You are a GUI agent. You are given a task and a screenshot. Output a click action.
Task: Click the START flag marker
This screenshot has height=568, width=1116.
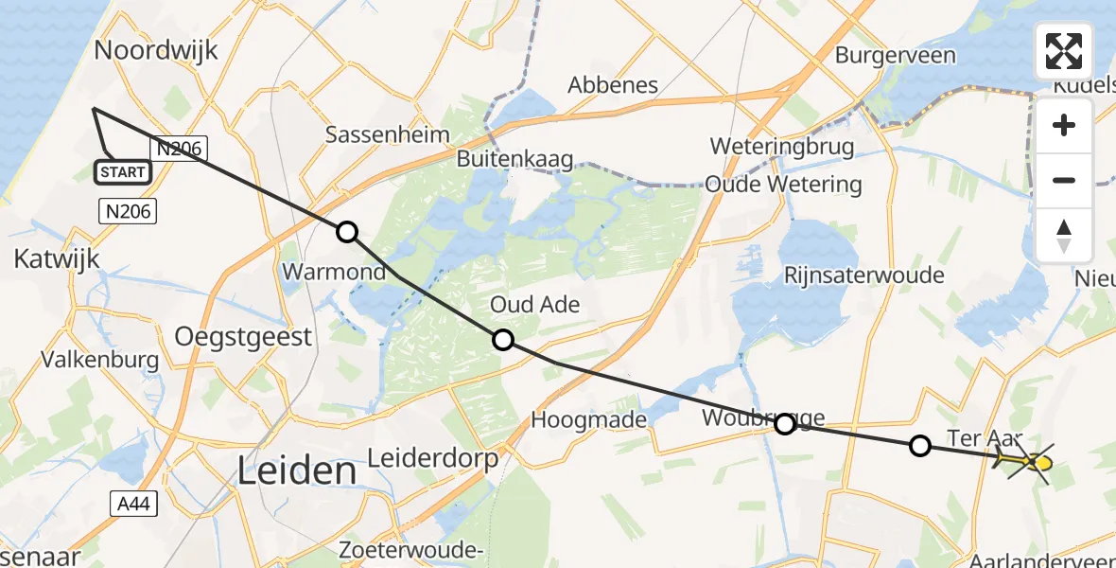[x=122, y=171]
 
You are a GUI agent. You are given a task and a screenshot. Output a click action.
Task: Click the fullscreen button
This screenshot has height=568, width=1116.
[x=1064, y=51]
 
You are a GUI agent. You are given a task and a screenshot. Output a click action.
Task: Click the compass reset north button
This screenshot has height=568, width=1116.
[x=1064, y=236]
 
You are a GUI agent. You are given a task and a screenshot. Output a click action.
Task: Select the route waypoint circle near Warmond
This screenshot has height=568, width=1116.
[x=347, y=232]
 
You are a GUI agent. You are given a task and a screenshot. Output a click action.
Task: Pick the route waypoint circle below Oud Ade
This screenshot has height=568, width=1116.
[x=503, y=340]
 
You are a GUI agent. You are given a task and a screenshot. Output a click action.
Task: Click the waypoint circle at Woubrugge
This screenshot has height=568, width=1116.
[x=785, y=424]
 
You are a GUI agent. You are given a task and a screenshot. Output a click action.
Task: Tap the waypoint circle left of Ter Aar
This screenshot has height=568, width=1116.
[x=920, y=445]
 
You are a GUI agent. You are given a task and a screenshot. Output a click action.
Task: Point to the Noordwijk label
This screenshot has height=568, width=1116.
[x=156, y=50]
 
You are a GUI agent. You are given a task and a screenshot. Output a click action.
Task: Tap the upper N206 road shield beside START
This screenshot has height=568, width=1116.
[x=177, y=148]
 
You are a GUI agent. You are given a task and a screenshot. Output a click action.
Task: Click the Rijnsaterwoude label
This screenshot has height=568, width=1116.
[x=864, y=275]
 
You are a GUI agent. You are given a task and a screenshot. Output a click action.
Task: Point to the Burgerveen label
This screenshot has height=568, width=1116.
[x=895, y=56]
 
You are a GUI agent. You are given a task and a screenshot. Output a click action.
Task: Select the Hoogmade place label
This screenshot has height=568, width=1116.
[x=589, y=419]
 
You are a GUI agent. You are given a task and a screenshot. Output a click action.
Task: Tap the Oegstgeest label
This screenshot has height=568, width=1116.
[x=243, y=336]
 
